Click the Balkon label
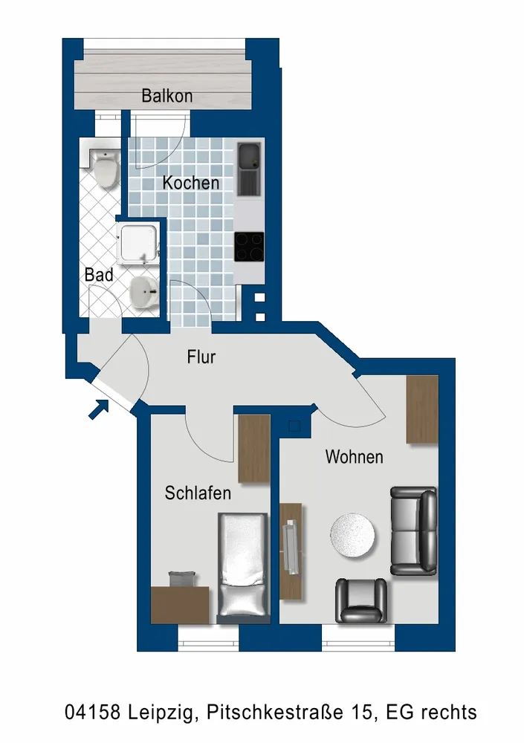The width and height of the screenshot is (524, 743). [x=167, y=96]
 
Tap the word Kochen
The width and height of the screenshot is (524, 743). [x=191, y=183]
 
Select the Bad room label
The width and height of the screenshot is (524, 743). [x=99, y=275]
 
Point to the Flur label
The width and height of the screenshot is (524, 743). [x=201, y=357]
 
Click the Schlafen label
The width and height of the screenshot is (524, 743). [x=198, y=493]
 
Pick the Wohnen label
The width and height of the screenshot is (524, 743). [x=355, y=457]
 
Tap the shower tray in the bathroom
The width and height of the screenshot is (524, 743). [x=138, y=243]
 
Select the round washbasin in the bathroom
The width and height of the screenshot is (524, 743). [x=143, y=292]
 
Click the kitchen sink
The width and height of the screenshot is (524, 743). [x=250, y=170]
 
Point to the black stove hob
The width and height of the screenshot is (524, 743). [x=249, y=247]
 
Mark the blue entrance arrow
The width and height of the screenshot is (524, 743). [x=99, y=409]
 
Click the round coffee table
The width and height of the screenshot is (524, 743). [x=352, y=536]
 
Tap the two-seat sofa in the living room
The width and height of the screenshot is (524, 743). [x=413, y=531]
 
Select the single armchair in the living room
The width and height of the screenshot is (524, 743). [x=361, y=600]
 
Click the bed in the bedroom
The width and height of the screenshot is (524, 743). [x=242, y=568]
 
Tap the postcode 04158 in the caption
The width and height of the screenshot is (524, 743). [x=92, y=713]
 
